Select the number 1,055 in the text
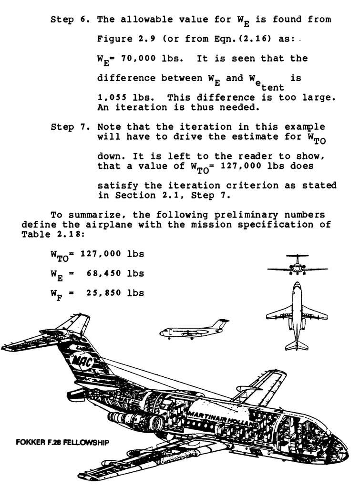point(111,98)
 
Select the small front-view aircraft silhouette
point(297,265)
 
